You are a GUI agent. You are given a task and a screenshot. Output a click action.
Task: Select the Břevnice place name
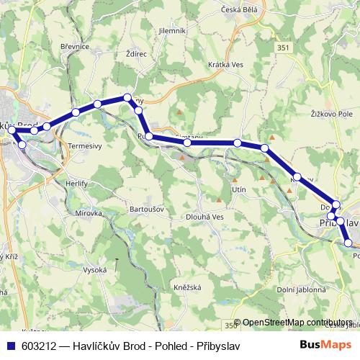(74, 46)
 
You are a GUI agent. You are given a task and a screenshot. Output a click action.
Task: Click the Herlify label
(55, 184)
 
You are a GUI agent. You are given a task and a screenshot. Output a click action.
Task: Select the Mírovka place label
(69, 213)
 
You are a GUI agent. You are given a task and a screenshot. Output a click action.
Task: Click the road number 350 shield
(228, 323)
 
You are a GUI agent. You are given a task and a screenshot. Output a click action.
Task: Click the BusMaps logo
(325, 345)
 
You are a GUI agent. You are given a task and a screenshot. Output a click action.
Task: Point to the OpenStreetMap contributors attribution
(297, 323)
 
